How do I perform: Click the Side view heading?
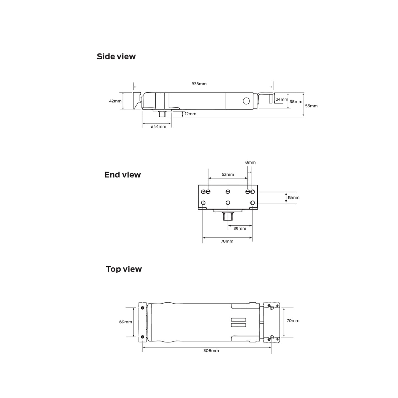116,56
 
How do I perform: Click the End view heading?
123,175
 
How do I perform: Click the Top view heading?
124,269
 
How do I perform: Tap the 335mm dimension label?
199,84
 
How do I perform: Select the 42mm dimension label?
115,101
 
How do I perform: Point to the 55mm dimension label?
311,106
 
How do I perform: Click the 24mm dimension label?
282,99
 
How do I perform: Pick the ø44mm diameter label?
158,127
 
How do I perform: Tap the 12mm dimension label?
190,114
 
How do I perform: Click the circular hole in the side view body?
246,101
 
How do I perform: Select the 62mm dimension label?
228,174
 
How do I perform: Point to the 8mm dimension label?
250,162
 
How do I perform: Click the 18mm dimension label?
293,197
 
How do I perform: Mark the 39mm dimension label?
240,228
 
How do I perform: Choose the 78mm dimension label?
227,241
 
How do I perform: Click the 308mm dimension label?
211,351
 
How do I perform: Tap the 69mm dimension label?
126,322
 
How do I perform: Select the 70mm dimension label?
293,321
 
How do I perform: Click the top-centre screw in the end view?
228,191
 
